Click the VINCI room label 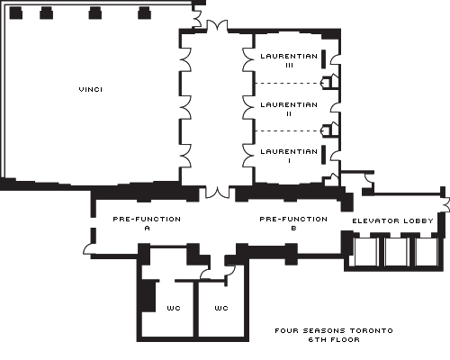91,89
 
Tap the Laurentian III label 289,60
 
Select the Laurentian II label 289,109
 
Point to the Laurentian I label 289,156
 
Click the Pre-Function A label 147,223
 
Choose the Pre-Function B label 293,223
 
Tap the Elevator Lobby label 392,221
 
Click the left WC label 174,308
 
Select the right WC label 221,308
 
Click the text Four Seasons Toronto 334,330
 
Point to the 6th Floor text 334,339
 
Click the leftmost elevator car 365,252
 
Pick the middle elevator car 396,252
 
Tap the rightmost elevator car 427,252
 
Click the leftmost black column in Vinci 16,13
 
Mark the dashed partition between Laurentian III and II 288,83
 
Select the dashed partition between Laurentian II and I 288,131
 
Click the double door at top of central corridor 217,26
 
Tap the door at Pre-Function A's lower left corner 88,249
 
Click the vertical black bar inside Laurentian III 324,59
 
